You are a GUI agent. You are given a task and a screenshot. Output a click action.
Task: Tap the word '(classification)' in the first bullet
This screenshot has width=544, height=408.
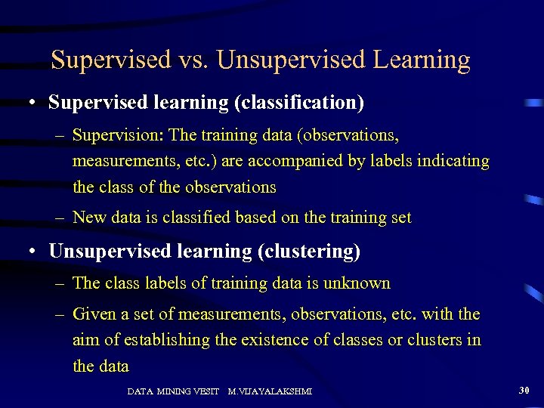pos(298,101)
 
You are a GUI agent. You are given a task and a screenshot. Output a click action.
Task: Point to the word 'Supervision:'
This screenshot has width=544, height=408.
pos(118,136)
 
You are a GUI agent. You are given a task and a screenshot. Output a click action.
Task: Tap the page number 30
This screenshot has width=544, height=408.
pos(524,390)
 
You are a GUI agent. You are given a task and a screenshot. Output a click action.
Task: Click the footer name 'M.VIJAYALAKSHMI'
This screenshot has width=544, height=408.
pos(269,391)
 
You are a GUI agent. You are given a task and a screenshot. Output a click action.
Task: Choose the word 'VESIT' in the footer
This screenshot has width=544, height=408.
pos(206,391)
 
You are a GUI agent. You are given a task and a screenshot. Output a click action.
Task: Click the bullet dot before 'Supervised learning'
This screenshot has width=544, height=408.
pos(35,102)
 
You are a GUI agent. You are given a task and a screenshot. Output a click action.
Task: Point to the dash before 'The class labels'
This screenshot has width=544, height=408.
pos(60,284)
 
